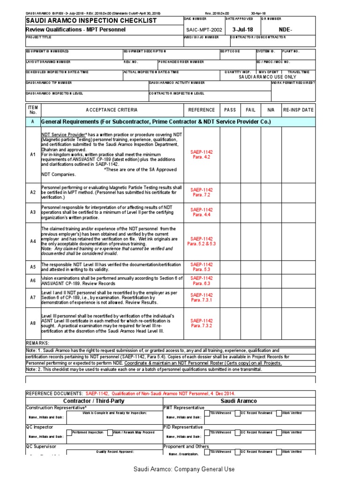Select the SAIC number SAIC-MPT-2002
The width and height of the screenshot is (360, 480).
203,30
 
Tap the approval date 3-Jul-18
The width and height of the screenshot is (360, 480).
242,30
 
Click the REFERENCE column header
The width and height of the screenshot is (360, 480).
202,110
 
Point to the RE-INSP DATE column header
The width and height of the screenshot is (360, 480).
298,110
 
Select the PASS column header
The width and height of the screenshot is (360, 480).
230,110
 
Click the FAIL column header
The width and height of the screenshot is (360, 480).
251,110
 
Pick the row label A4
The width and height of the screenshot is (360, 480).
33,241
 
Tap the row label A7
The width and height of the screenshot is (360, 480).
33,297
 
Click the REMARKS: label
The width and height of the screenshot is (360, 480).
37,343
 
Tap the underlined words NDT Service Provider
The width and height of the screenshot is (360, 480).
62,135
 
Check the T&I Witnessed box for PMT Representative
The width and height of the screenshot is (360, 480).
207,413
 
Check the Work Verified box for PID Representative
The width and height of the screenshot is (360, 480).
279,432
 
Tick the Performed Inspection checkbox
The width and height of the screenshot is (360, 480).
69,432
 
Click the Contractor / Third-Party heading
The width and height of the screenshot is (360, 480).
94,401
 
